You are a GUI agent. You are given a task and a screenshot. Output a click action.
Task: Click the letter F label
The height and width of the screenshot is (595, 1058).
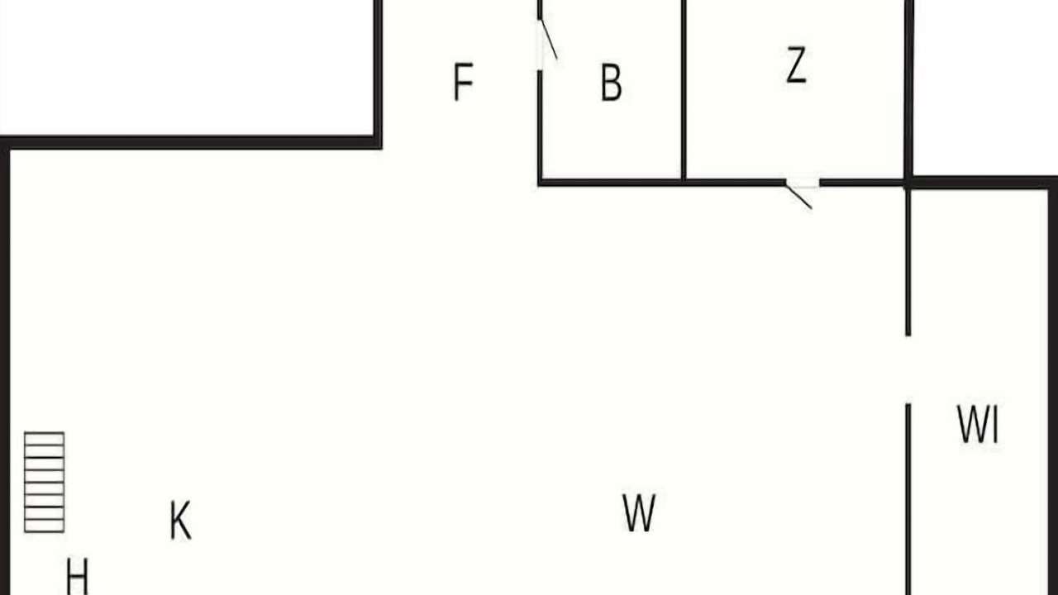pyautogui.click(x=463, y=82)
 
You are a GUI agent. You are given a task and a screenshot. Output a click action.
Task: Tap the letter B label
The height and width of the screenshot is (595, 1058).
pyautogui.click(x=611, y=82)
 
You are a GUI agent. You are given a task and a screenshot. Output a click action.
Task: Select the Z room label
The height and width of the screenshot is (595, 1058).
pyautogui.click(x=796, y=65)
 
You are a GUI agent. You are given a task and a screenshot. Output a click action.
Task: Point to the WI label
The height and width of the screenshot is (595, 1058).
pyautogui.click(x=978, y=424)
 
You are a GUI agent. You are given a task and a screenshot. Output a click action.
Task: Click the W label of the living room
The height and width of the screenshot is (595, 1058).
pyautogui.click(x=639, y=513)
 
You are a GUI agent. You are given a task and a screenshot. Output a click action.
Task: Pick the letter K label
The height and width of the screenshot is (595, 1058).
pyautogui.click(x=180, y=520)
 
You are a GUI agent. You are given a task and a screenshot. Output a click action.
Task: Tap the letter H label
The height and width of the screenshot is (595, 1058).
pyautogui.click(x=77, y=577)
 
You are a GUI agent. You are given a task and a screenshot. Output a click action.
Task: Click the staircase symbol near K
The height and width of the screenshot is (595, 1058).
pyautogui.click(x=45, y=482)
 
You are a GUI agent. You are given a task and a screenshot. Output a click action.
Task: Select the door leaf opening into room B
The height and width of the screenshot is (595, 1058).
pyautogui.click(x=549, y=40)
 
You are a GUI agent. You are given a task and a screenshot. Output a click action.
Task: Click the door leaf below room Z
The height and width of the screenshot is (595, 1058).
pyautogui.click(x=799, y=196)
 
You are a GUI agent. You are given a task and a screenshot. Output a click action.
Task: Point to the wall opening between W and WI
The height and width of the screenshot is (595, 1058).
pyautogui.click(x=908, y=369)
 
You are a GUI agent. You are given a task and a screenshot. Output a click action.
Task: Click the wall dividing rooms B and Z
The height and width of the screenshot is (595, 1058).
pyautogui.click(x=684, y=90)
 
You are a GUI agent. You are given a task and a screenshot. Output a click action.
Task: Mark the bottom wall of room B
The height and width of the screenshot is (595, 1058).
pyautogui.click(x=611, y=183)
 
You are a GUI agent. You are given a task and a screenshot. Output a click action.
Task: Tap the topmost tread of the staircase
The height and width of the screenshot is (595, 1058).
pyautogui.click(x=45, y=439)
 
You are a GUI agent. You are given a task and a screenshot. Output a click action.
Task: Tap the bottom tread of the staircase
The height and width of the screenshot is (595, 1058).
pyautogui.click(x=45, y=526)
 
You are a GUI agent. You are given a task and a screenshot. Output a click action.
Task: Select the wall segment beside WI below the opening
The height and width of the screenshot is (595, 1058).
pyautogui.click(x=908, y=500)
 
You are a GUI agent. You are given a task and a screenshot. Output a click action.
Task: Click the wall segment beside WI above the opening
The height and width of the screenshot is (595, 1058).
pyautogui.click(x=908, y=262)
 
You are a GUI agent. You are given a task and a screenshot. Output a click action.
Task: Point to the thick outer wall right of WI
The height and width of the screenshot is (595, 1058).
pyautogui.click(x=1053, y=392)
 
